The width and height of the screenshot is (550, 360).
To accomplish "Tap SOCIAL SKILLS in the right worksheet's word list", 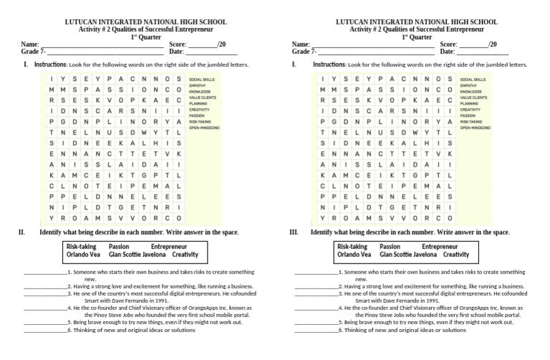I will click(x=473, y=79).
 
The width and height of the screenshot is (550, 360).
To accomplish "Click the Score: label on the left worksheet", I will click(x=178, y=44).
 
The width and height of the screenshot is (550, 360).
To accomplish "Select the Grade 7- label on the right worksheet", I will click(x=304, y=52).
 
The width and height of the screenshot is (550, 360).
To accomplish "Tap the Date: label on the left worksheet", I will click(x=176, y=52).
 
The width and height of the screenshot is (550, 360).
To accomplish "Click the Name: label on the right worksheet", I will click(x=301, y=44).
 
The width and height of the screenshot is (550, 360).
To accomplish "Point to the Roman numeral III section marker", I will click(x=294, y=233).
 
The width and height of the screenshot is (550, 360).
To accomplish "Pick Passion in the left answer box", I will click(x=119, y=246).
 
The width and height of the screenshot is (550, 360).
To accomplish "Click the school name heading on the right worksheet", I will click(x=416, y=22).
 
